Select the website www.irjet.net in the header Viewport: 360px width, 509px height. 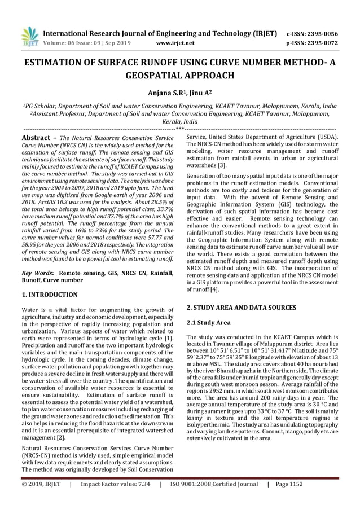174,42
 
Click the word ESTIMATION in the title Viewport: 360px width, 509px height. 55,64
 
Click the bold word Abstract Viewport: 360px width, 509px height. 36,137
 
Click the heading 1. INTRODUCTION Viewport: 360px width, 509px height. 50,295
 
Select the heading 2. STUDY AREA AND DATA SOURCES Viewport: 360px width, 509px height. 241,307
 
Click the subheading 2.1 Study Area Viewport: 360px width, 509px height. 208,323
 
